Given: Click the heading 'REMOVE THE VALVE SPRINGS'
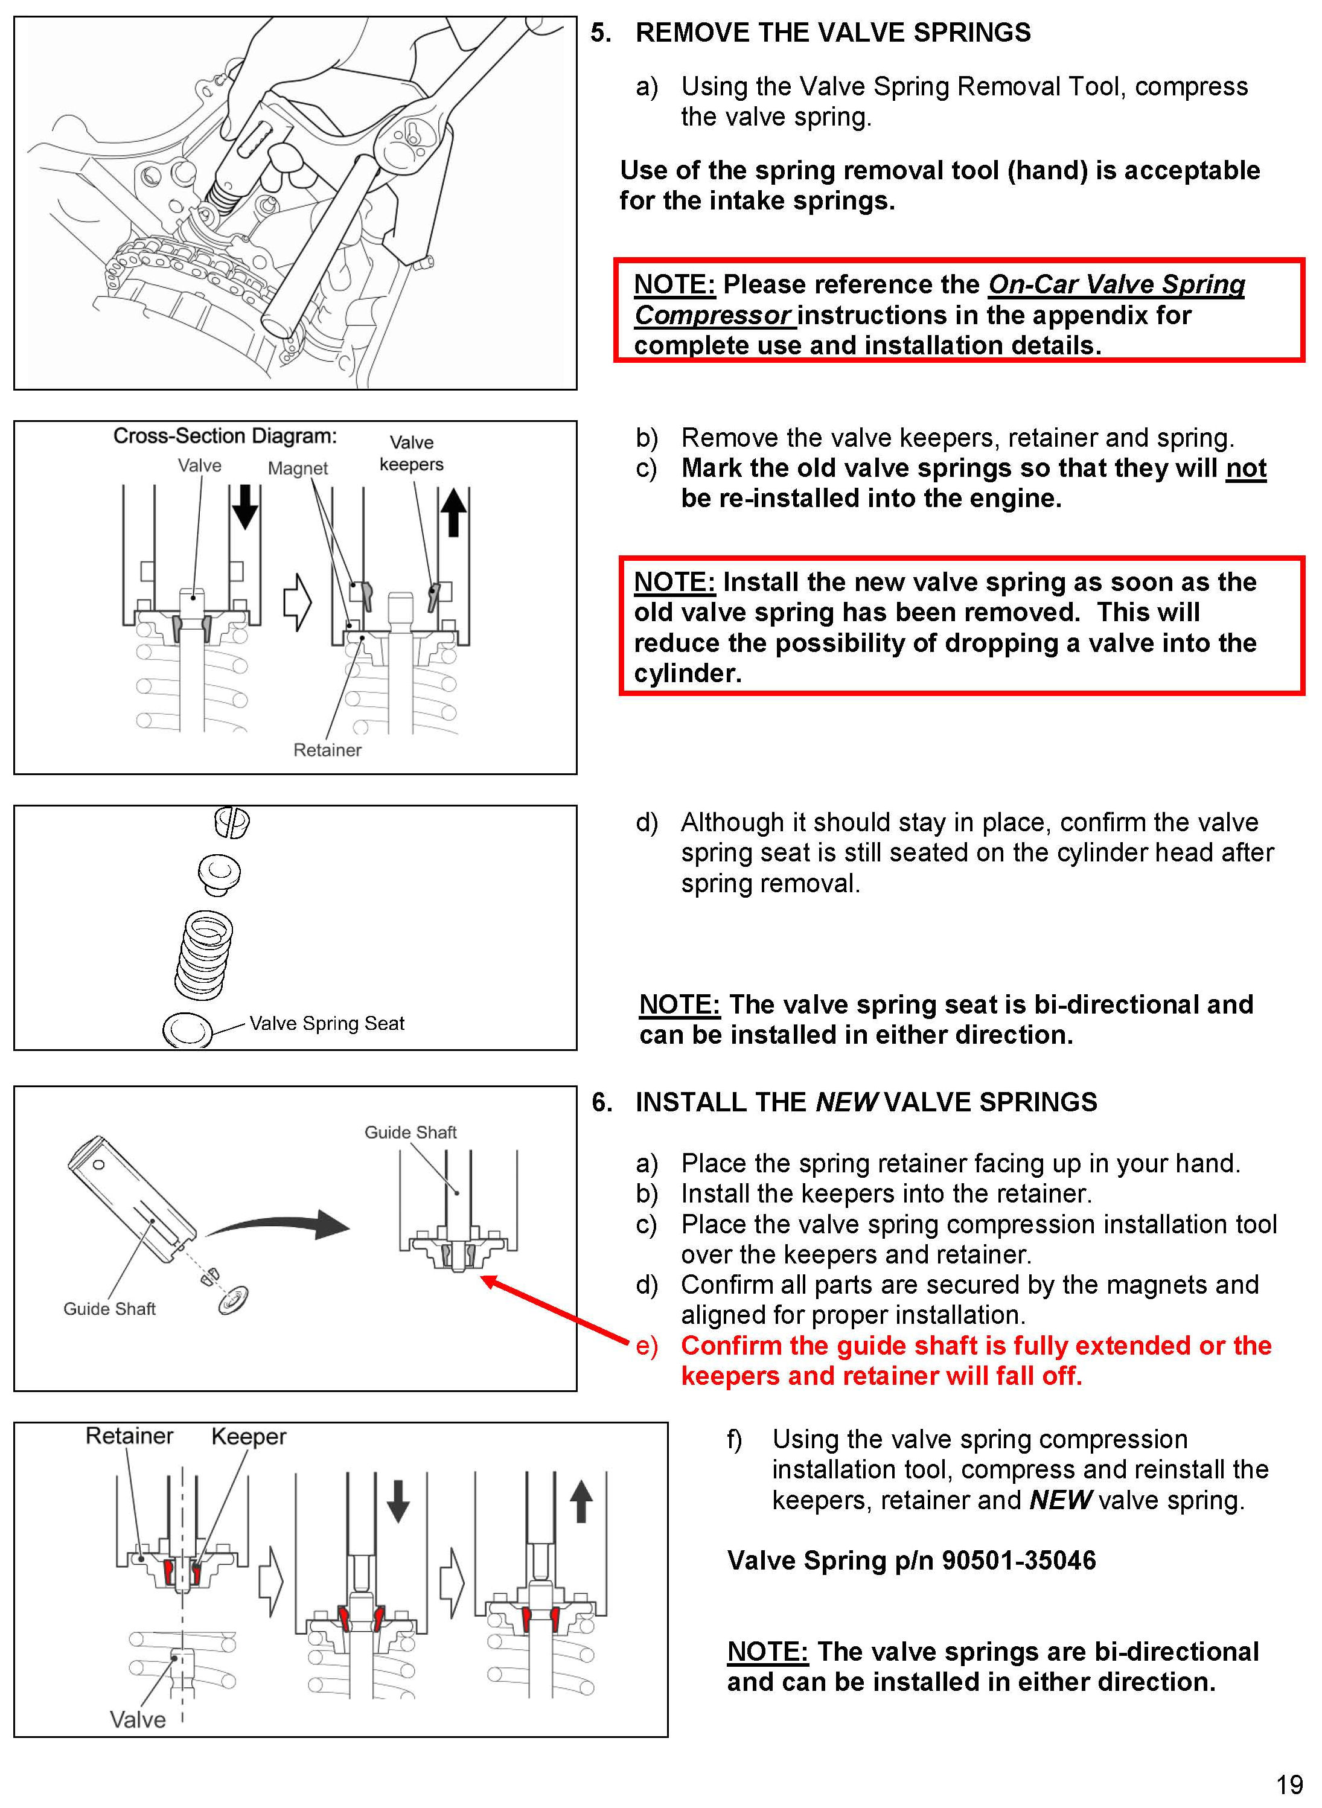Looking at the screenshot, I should [x=832, y=33].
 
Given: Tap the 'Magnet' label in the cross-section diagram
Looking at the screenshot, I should [x=298, y=468].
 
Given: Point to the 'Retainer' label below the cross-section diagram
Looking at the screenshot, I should [x=327, y=750].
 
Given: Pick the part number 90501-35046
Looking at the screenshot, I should [x=1018, y=1560].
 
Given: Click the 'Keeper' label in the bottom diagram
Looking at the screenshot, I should [x=248, y=1437].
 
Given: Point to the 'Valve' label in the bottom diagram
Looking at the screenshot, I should [x=138, y=1719].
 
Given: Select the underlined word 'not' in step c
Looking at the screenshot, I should [x=1245, y=468].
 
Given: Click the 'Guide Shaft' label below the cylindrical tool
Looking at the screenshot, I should [x=110, y=1309].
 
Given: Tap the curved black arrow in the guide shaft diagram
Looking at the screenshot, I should [x=280, y=1224].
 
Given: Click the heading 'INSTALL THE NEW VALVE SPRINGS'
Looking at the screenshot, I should [x=865, y=1102].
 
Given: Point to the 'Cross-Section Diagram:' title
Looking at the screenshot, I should [x=225, y=436].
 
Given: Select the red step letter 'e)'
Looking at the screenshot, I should [x=647, y=1346].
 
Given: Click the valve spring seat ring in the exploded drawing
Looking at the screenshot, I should [x=187, y=1029].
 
